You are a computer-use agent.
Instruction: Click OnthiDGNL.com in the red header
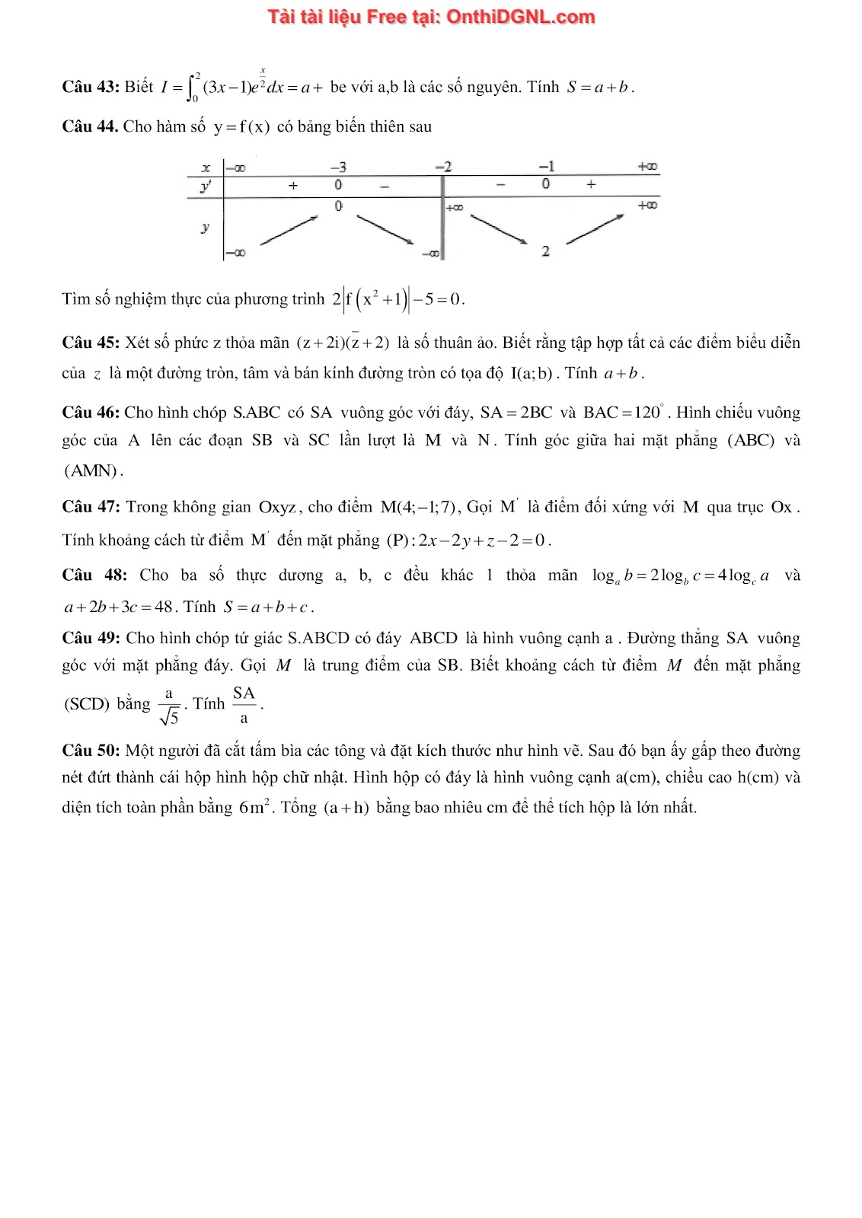(x=520, y=17)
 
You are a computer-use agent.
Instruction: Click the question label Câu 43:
(x=91, y=87)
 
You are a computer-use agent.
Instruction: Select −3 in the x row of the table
(x=338, y=167)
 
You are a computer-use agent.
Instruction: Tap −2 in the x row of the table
(x=443, y=167)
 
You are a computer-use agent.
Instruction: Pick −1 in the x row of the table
(x=546, y=167)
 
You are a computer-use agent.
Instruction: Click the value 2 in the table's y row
(x=545, y=251)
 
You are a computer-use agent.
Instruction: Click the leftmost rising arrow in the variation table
(x=289, y=231)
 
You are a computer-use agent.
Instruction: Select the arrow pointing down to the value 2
(x=499, y=229)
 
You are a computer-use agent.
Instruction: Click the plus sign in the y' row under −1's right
(x=591, y=184)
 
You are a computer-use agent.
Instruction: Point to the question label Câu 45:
(x=91, y=343)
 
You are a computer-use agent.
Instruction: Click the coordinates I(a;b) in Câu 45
(x=533, y=373)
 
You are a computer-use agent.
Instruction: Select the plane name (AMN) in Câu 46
(x=91, y=470)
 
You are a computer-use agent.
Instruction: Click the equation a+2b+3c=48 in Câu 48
(x=119, y=607)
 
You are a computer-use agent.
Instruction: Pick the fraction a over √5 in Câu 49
(x=169, y=705)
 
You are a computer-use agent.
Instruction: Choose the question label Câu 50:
(x=91, y=751)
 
